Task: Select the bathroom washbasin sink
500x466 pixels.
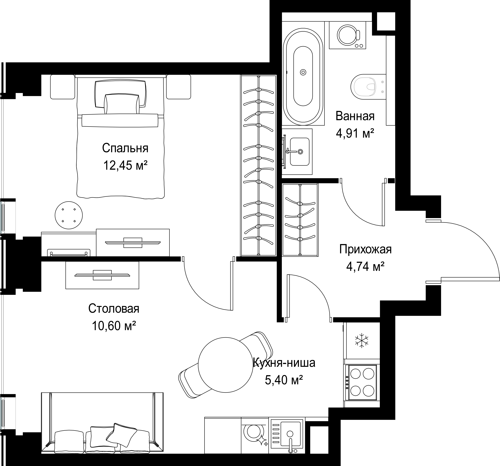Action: (x=299, y=152)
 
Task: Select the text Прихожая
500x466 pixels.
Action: (x=365, y=249)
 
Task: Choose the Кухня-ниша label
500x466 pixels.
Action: (x=284, y=363)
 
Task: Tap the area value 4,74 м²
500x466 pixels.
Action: (x=365, y=266)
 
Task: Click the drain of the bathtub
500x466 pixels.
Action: (x=303, y=72)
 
